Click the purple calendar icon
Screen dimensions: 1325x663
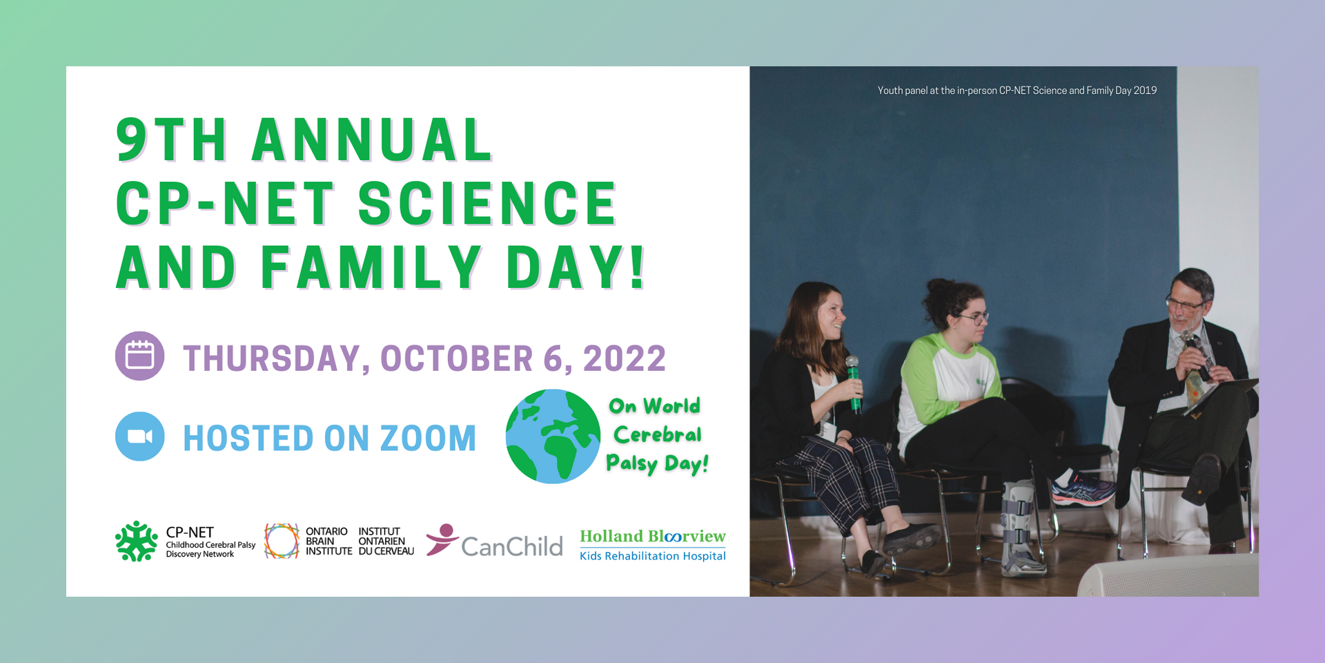tap(139, 356)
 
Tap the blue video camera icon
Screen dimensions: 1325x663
tap(139, 436)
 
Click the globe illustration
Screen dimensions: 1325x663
tap(553, 436)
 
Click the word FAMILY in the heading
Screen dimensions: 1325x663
tap(371, 267)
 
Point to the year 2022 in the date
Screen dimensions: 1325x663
tap(625, 358)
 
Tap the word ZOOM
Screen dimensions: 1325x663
tap(428, 439)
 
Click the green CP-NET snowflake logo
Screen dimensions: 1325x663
tap(137, 541)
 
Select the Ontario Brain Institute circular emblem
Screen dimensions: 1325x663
tap(282, 541)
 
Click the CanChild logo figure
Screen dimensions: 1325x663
tap(442, 539)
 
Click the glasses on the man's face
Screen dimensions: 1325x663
tap(1184, 303)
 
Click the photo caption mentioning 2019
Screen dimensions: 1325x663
tap(1017, 90)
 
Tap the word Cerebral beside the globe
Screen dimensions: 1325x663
tap(658, 434)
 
